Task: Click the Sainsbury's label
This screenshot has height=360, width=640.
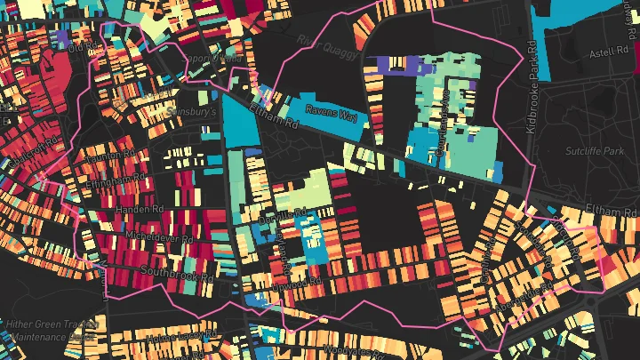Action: tap(193, 114)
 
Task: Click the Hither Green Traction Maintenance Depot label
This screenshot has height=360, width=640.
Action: tap(49, 331)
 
